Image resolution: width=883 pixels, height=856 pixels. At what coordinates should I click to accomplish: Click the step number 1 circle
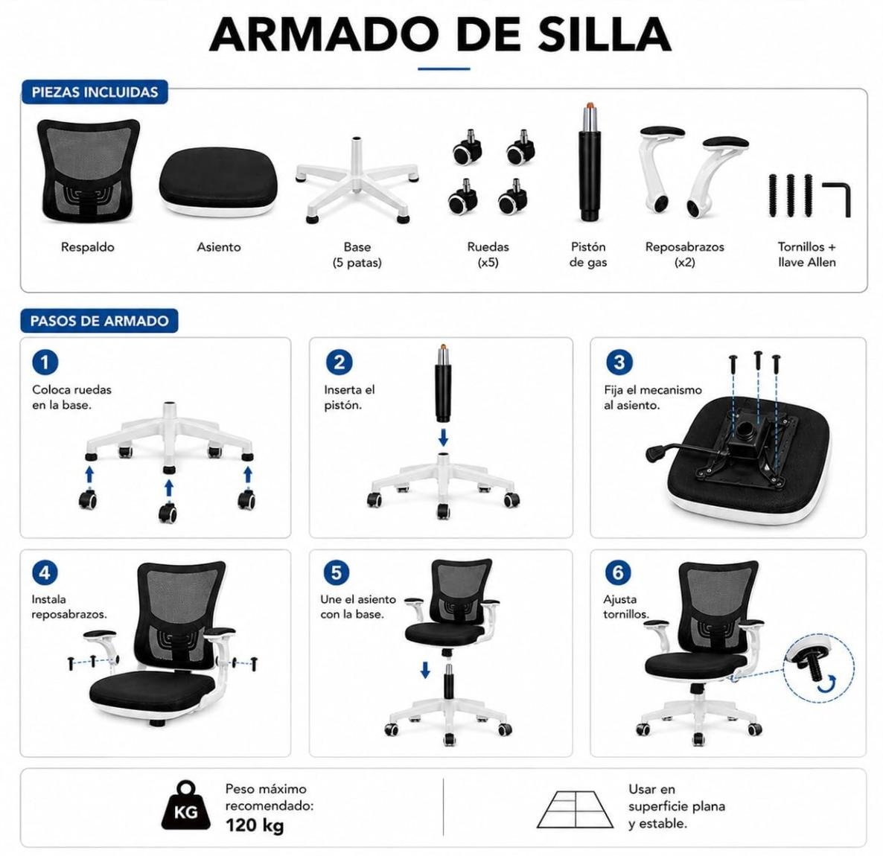[45, 362]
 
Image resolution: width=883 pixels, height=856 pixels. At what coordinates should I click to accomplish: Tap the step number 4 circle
[45, 572]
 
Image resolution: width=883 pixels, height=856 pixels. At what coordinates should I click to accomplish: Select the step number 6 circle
[618, 572]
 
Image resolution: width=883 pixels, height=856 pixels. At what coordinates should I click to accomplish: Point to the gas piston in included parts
[588, 162]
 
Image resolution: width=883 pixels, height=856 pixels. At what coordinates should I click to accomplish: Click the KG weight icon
[186, 806]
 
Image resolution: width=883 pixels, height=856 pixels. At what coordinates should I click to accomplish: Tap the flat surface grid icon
[575, 809]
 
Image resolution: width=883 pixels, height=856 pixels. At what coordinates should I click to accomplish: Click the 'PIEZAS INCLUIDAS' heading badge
[95, 92]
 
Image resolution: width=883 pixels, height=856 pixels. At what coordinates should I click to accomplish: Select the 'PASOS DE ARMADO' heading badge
[99, 321]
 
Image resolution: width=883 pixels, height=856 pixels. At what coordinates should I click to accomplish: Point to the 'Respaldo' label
[87, 246]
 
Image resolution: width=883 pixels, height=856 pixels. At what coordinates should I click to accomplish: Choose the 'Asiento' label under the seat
[218, 246]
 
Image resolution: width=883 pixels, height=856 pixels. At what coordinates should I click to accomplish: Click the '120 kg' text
[255, 825]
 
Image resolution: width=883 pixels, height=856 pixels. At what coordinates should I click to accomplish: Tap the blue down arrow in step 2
[443, 437]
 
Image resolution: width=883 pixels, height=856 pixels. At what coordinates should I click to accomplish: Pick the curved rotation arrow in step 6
[826, 685]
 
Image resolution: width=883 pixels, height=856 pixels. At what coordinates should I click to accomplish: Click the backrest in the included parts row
[88, 170]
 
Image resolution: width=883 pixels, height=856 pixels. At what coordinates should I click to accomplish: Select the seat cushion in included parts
[218, 182]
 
